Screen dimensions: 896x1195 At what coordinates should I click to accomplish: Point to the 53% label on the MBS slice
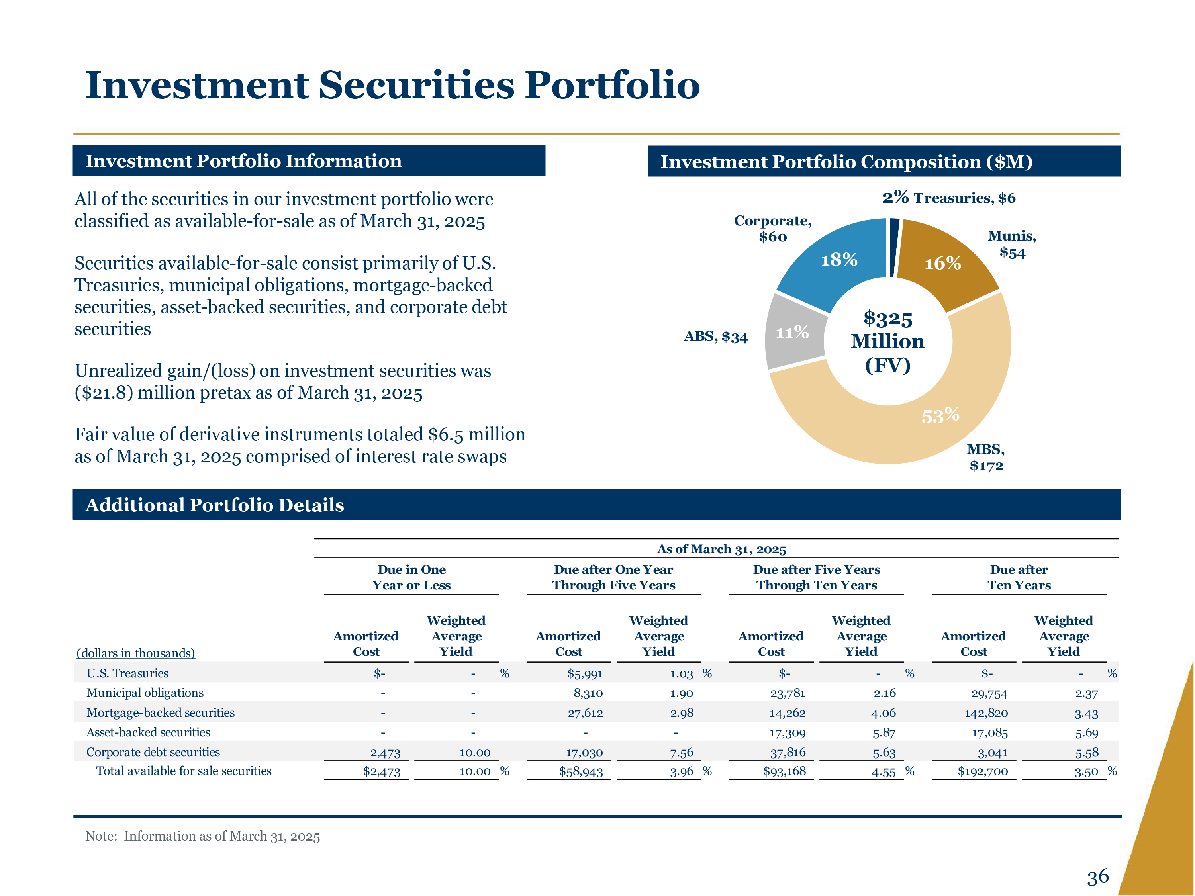tap(940, 415)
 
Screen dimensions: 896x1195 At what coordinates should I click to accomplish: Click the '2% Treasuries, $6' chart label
tap(949, 198)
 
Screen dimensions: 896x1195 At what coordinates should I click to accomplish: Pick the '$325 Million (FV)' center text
tap(887, 341)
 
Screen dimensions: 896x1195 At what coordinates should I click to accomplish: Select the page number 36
tap(1098, 876)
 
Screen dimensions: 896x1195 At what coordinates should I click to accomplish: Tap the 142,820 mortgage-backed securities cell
tap(986, 713)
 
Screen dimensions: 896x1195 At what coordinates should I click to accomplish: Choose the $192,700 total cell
tap(983, 771)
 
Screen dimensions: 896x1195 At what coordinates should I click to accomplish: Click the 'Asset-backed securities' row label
tap(148, 732)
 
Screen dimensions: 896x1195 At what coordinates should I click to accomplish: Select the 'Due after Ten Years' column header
tap(1019, 577)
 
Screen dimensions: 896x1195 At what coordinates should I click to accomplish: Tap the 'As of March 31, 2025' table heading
tap(721, 549)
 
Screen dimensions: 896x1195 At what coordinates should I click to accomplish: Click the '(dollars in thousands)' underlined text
tap(135, 653)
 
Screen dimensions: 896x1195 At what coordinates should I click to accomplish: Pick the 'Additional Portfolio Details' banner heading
tap(214, 505)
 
